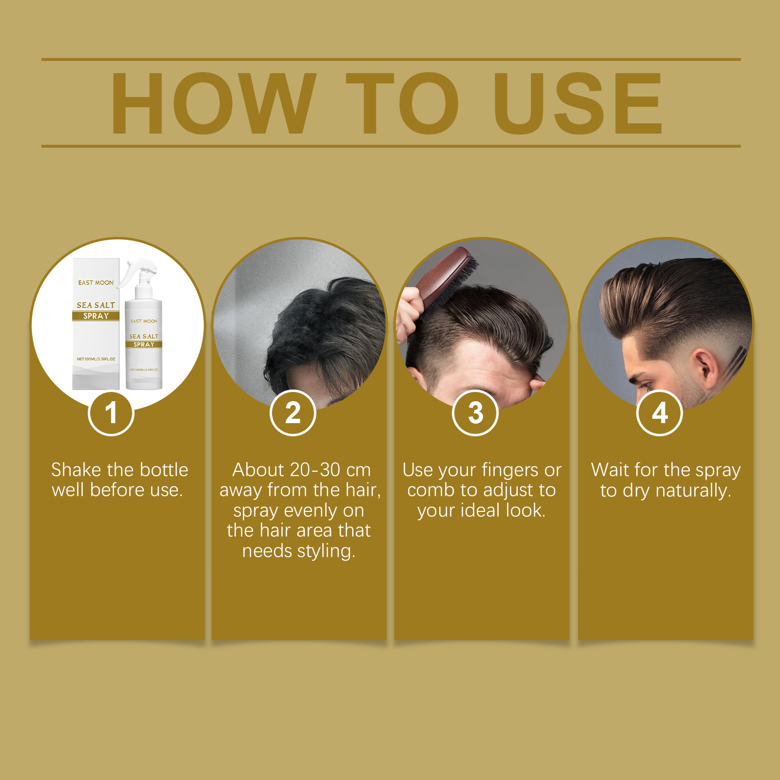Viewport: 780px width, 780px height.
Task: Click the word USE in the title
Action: point(578,103)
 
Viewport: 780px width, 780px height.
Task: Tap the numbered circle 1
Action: point(111,413)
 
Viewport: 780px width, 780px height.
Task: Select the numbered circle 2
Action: point(293,413)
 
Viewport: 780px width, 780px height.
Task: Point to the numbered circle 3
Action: point(475,413)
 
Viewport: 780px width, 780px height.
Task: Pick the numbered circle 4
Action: point(660,413)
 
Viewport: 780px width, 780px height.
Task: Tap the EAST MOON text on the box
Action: point(96,283)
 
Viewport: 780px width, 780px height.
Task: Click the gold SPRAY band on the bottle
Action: point(144,344)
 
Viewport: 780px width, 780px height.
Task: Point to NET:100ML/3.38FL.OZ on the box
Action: point(96,359)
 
